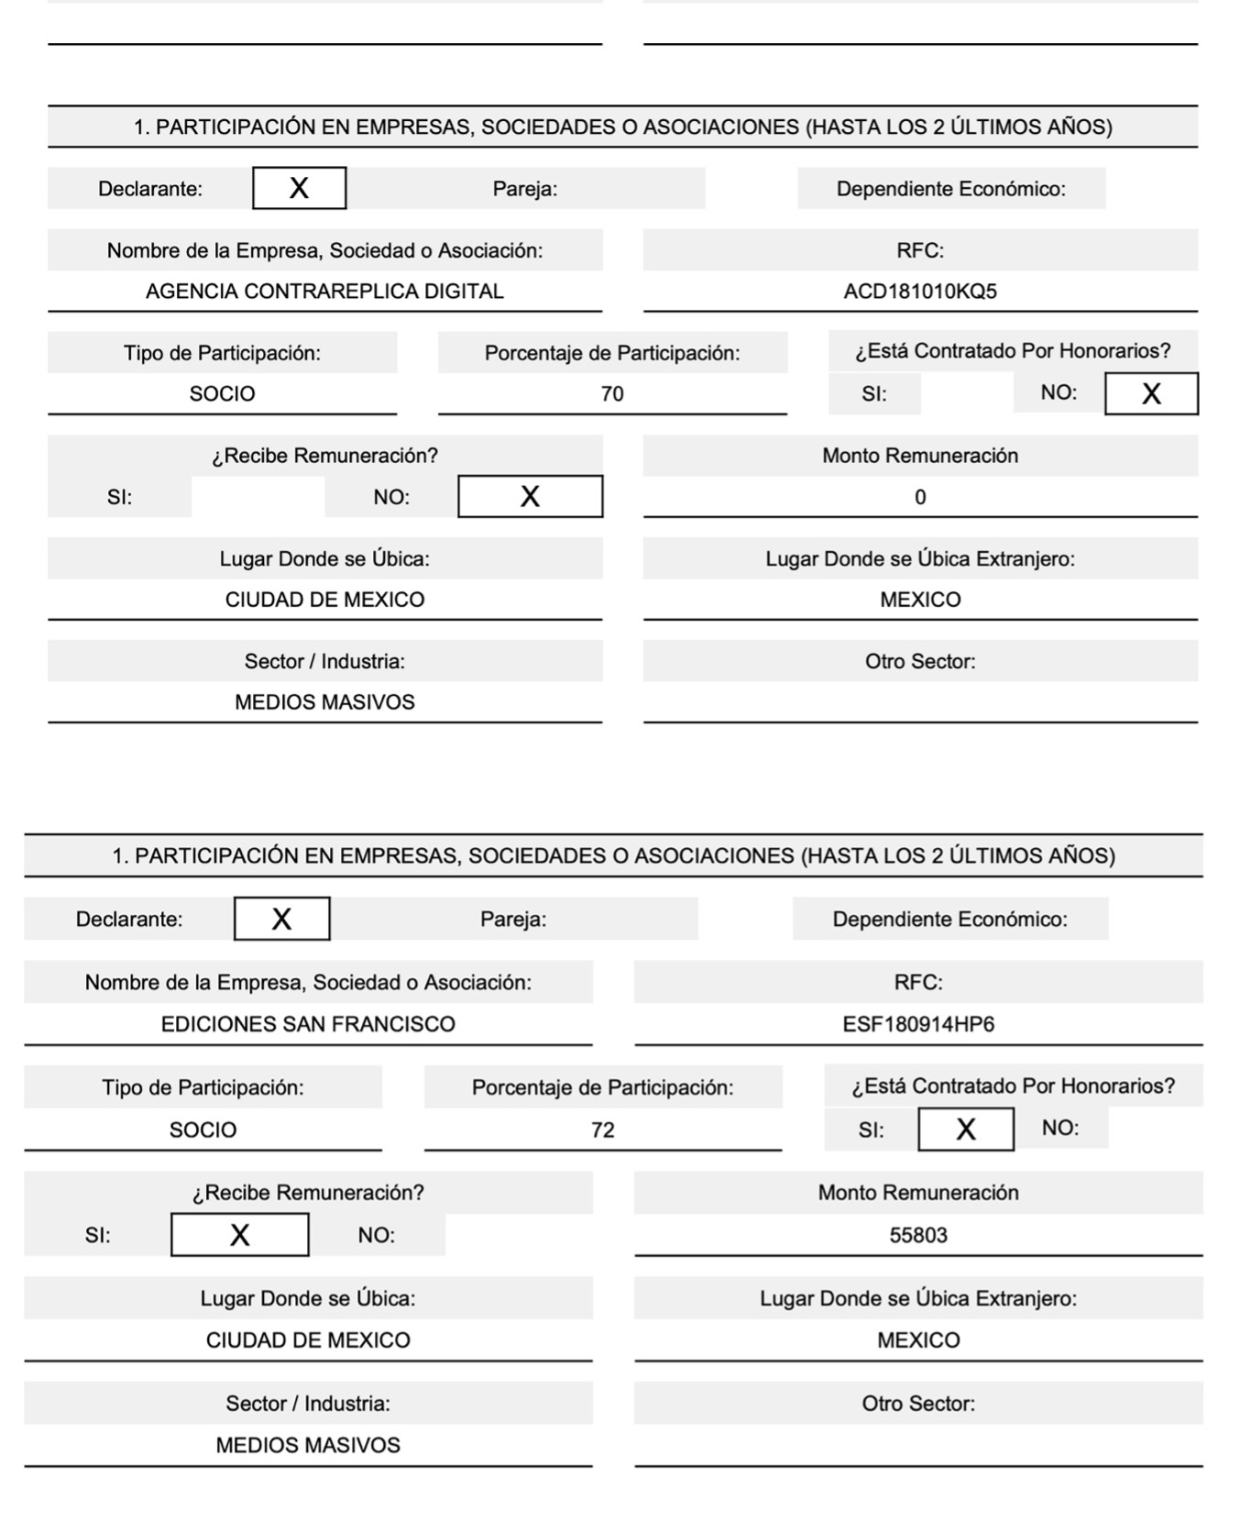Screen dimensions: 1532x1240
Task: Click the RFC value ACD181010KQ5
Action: point(919,292)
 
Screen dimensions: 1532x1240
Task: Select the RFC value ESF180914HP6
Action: point(918,1024)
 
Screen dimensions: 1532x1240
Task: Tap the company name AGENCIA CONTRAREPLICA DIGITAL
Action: point(324,292)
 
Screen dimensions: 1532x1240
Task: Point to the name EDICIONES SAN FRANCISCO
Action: point(308,1024)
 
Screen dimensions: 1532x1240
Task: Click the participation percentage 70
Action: point(612,394)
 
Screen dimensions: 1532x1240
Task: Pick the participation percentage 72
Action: point(603,1130)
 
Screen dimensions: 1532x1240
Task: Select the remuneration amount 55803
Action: point(918,1235)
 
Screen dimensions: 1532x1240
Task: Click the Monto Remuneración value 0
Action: point(920,497)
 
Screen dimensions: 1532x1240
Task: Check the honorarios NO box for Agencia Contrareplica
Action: point(1151,394)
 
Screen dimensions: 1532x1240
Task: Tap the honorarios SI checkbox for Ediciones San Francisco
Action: point(966,1130)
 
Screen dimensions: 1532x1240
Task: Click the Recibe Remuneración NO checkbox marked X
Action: point(530,497)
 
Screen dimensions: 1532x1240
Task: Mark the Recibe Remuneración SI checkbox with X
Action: point(240,1235)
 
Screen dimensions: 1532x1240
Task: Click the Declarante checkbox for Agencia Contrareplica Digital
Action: point(299,188)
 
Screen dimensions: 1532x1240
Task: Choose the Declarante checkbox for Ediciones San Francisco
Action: point(281,919)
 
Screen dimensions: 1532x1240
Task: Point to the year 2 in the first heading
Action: point(938,127)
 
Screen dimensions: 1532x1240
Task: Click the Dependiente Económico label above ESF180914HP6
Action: point(949,919)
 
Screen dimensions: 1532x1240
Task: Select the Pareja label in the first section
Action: point(525,189)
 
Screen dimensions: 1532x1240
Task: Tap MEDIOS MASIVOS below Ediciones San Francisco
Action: point(308,1445)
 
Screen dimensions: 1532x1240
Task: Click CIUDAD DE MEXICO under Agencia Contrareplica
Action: point(324,600)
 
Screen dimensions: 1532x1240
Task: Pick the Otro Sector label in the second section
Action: point(918,1404)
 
